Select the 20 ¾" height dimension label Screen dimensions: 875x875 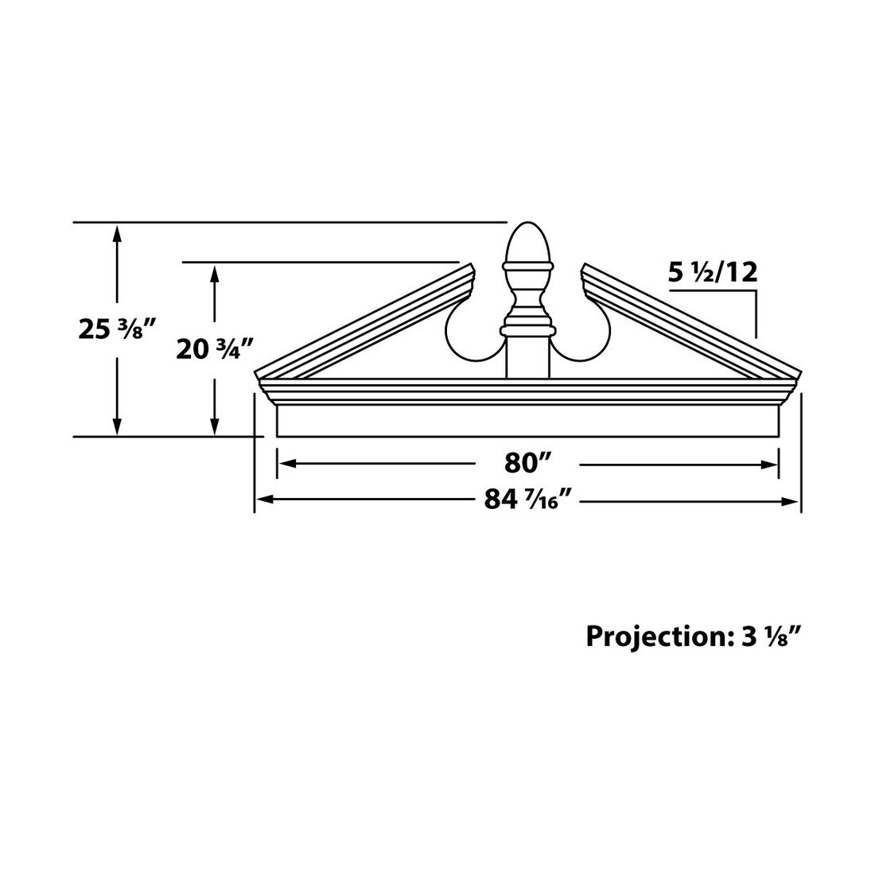point(213,348)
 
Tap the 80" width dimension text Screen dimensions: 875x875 point(527,463)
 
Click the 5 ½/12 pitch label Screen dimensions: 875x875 point(712,273)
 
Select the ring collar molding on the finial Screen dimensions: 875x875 point(526,328)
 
